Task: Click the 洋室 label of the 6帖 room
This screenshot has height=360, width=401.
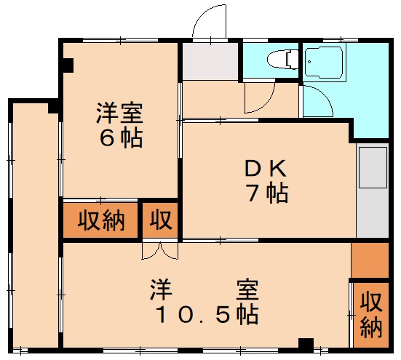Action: click(x=120, y=114)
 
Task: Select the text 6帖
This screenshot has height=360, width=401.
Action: click(x=120, y=138)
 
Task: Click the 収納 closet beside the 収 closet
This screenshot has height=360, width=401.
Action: click(x=102, y=220)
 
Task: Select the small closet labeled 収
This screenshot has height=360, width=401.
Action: click(x=161, y=220)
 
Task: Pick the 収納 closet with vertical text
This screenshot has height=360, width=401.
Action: click(x=370, y=313)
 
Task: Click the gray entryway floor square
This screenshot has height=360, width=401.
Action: click(x=210, y=63)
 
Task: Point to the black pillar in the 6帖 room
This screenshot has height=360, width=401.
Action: click(x=67, y=65)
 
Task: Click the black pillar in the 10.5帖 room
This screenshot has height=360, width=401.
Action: click(x=306, y=343)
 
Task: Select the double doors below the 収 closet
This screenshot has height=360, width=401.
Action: click(x=160, y=252)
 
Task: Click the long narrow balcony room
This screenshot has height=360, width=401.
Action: click(x=33, y=225)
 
